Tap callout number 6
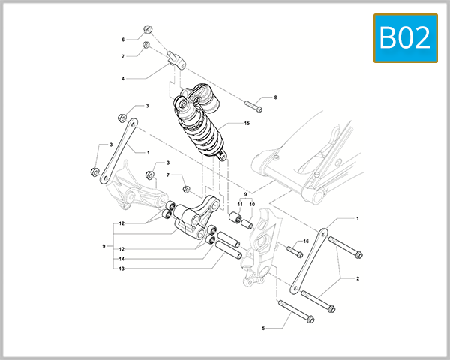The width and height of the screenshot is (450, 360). coord(123,39)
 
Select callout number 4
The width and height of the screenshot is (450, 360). coord(123,77)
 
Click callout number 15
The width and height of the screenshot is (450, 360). coord(246,123)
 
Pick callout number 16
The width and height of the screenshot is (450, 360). coord(305,241)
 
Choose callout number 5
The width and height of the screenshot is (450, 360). coord(263,328)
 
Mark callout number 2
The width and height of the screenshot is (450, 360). coord(357,277)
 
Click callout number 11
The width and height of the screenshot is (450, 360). coord(241,204)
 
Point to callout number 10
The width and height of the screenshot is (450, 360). coord(252,204)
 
